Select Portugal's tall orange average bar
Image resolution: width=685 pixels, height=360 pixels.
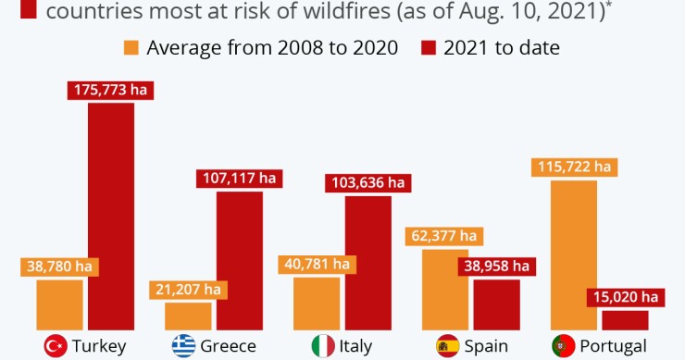click(x=573, y=254)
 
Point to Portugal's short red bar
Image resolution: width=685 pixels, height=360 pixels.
click(x=624, y=320)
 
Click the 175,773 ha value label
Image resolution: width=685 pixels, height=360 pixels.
click(x=110, y=91)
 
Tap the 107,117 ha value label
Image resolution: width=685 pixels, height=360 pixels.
click(x=239, y=179)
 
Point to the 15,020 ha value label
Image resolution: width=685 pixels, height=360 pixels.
click(x=624, y=297)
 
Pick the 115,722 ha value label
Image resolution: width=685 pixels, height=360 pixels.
click(x=573, y=167)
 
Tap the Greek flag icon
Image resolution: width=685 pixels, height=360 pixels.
click(x=183, y=346)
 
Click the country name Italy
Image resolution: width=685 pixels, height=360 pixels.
click(x=355, y=346)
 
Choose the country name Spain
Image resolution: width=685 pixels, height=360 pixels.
click(x=487, y=346)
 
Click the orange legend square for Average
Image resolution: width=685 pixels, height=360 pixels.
click(x=131, y=47)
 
